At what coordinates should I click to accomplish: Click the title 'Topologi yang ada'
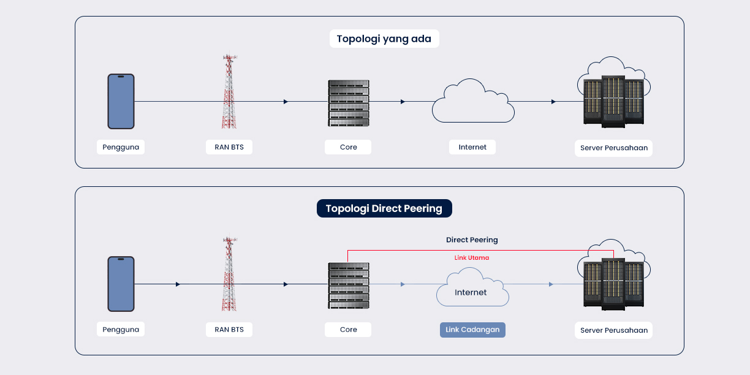[384, 39]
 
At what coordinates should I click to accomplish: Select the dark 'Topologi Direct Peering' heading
[384, 208]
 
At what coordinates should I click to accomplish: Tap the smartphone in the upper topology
[121, 101]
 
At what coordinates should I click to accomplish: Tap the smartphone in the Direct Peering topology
[121, 284]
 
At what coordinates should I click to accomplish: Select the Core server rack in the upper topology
[349, 103]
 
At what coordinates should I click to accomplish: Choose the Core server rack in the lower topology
[349, 286]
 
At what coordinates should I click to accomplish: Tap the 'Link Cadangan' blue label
[472, 330]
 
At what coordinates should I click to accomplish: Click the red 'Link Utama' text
[472, 258]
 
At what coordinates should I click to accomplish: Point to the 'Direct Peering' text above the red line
[472, 240]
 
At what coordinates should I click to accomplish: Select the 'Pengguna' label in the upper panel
[121, 147]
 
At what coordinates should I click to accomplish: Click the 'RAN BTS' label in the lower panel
[229, 330]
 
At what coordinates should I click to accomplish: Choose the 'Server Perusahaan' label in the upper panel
[613, 148]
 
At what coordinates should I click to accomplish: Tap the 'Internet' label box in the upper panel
[472, 147]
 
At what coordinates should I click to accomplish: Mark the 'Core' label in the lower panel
[348, 330]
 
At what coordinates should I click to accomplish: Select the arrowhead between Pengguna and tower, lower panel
[178, 284]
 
